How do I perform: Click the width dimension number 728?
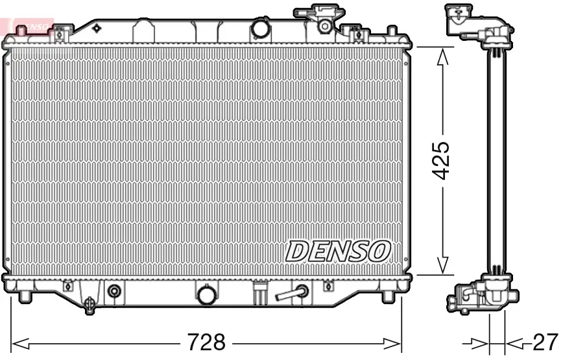click(206, 341)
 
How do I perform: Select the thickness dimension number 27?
click(544, 341)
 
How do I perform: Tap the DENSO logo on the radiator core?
click(339, 250)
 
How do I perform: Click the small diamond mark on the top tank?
click(97, 28)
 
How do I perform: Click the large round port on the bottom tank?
click(206, 295)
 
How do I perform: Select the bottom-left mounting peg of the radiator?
click(25, 296)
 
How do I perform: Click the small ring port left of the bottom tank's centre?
click(114, 291)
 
